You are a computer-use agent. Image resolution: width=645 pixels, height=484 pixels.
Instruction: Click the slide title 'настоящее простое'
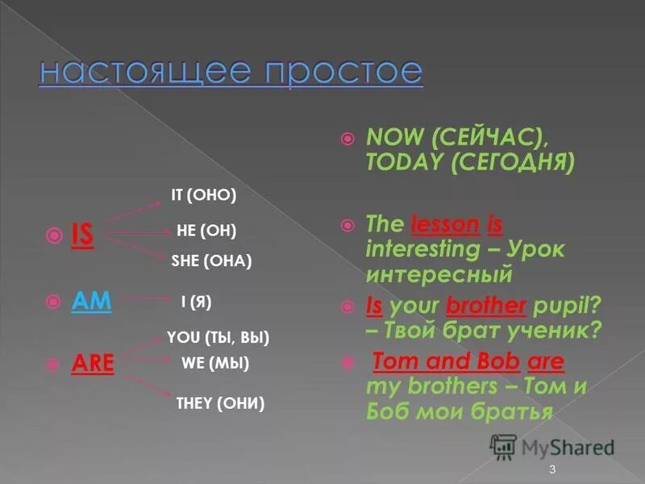pos(231,71)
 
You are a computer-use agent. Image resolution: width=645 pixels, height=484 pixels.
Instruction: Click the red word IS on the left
pos(82,236)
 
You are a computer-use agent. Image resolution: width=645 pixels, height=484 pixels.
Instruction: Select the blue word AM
pos(91,300)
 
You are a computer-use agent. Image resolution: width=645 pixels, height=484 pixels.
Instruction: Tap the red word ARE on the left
pos(92,365)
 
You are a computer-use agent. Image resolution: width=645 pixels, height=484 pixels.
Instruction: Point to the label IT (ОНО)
pos(204,195)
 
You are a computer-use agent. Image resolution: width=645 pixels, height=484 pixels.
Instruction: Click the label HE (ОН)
pos(206,232)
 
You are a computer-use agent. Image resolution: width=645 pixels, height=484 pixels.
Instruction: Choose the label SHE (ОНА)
pos(212,261)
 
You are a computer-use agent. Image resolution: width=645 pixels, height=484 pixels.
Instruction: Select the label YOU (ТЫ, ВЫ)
pos(218,337)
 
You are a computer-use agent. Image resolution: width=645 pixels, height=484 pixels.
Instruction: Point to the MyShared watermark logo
pos(551,448)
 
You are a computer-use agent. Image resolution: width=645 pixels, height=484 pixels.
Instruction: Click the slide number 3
pos(552,469)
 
